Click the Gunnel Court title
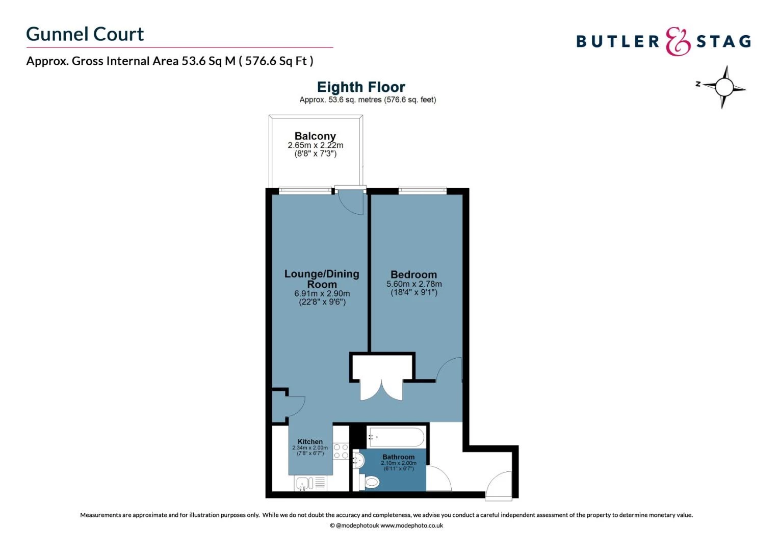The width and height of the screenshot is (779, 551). coord(85,34)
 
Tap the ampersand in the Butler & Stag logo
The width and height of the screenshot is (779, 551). coord(678,42)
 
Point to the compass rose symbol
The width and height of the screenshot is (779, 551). coord(723,87)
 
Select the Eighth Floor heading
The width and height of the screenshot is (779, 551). coord(361,87)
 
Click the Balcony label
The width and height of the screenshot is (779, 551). coord(315,136)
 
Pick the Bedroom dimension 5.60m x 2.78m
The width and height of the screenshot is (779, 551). coord(414,284)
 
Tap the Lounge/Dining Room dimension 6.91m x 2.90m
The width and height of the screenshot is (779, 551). coord(322,294)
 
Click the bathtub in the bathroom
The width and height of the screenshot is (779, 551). coord(396,437)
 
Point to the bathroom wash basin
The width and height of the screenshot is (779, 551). coord(358,461)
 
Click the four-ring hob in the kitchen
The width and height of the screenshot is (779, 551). coord(341,451)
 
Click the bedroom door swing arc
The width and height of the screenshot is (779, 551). coord(449,369)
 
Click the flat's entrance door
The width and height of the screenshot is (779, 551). coord(499,484)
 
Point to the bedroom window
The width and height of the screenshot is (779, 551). coord(422,191)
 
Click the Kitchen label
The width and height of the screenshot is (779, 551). coord(310,442)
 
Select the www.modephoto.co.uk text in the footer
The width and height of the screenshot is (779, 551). coord(411,525)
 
